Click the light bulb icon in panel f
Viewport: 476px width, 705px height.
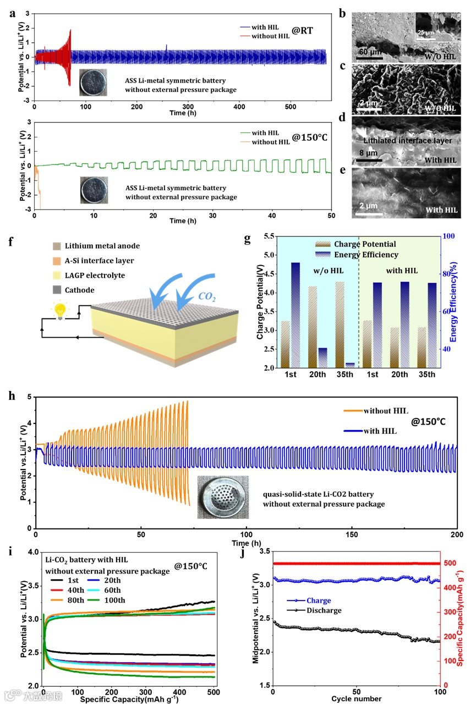(58, 311)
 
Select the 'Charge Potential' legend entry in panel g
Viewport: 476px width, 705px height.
(372, 244)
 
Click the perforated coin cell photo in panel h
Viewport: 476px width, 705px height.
(223, 497)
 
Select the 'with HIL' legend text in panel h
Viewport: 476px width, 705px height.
(380, 431)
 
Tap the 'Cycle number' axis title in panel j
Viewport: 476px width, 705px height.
(356, 699)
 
